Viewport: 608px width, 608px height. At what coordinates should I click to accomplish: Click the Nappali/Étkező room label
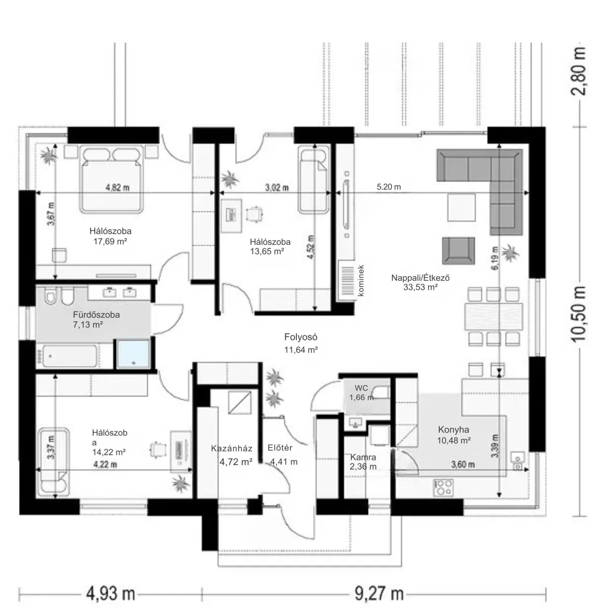tap(420, 278)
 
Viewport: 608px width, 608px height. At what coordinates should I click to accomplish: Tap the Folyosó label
tap(300, 337)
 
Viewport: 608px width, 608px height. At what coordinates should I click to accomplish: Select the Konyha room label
tap(453, 430)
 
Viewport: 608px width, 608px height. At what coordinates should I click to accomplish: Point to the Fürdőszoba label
tap(96, 315)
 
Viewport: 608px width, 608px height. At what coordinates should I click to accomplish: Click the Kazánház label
tap(232, 448)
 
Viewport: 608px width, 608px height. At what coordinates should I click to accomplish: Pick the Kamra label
tap(363, 457)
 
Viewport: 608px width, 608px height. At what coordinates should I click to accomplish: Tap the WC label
tap(361, 388)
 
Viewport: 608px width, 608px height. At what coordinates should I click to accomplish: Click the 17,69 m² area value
tap(110, 241)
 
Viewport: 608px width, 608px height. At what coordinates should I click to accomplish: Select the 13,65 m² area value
tap(267, 251)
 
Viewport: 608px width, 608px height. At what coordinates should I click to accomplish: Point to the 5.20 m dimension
tap(389, 187)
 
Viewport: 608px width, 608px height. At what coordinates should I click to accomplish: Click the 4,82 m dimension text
tap(118, 187)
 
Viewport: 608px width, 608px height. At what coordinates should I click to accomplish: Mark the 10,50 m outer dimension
tap(579, 314)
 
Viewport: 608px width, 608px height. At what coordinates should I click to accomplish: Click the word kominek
tap(361, 281)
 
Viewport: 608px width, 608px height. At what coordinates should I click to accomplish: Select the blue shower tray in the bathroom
tap(133, 354)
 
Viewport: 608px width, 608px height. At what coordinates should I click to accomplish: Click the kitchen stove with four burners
tap(443, 487)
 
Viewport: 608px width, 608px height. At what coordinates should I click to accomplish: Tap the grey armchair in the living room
tap(459, 251)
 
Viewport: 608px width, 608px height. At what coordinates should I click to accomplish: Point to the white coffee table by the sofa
tap(461, 208)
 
